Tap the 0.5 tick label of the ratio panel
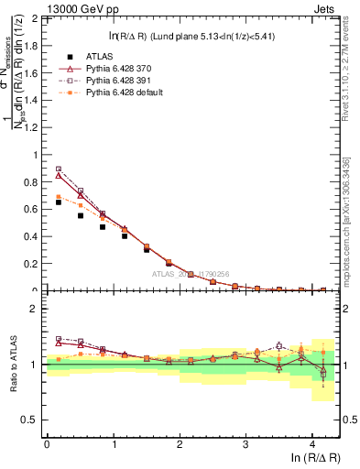[x=31, y=420]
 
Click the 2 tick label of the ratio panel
[x=35, y=309]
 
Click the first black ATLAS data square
[x=59, y=202]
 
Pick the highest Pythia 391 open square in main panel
[x=59, y=169]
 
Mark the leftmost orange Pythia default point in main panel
[x=59, y=197]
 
